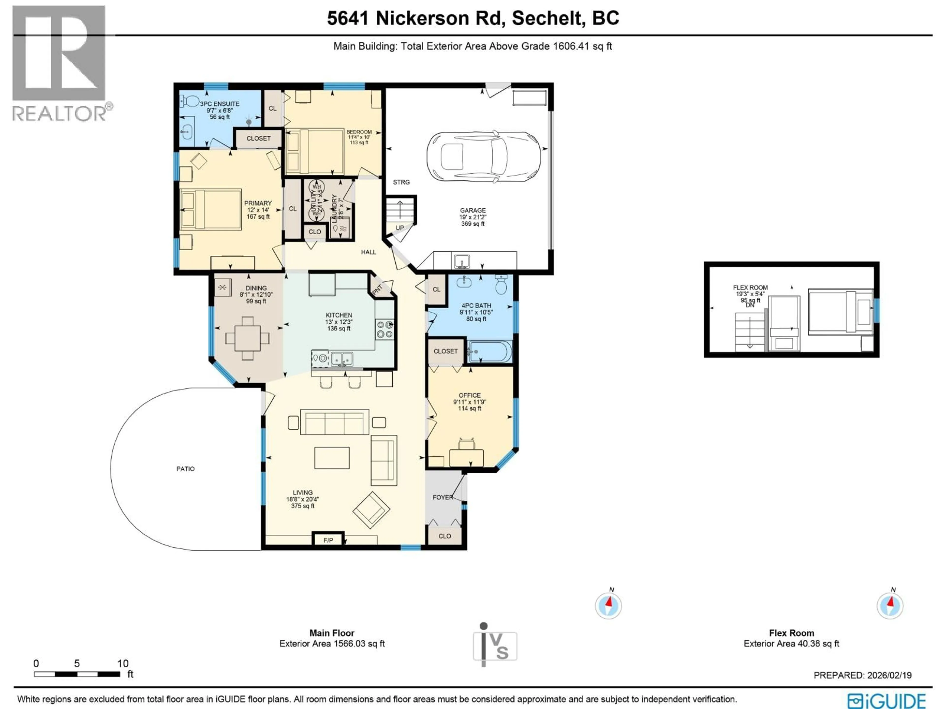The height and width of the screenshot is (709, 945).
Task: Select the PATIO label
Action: click(x=185, y=469)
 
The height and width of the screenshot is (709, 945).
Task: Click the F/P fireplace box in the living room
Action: click(x=328, y=540)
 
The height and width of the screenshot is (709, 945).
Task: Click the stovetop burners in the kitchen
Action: click(x=384, y=329)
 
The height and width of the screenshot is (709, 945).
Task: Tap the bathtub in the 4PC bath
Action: click(x=489, y=352)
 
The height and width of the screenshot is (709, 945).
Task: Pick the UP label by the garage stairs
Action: click(x=399, y=228)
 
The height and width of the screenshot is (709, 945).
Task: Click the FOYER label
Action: click(x=442, y=498)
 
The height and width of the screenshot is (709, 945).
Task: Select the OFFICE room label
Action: click(x=470, y=395)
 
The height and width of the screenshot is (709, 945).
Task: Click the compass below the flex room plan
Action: click(x=890, y=606)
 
